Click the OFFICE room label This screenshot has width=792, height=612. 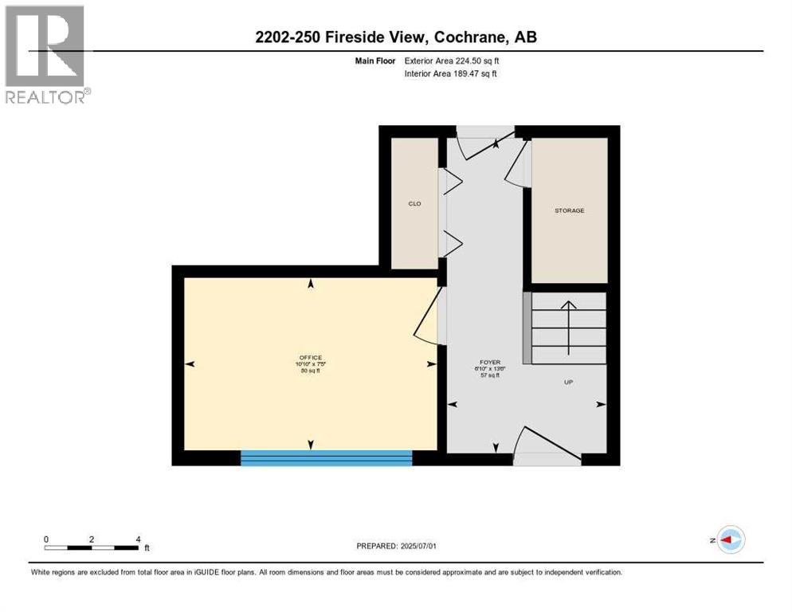[310, 357]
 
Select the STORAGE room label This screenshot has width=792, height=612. [569, 210]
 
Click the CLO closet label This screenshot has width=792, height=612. [414, 204]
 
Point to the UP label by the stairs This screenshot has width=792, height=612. [569, 382]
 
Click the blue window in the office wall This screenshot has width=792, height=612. [327, 457]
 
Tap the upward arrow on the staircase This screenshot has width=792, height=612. [568, 327]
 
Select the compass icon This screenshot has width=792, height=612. [730, 539]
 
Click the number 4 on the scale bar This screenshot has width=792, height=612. [139, 539]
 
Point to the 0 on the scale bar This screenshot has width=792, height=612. [46, 539]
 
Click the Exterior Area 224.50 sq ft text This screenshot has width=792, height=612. [453, 61]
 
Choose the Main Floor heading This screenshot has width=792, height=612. [374, 61]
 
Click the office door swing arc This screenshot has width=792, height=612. [426, 319]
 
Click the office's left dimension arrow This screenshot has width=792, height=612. [190, 364]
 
